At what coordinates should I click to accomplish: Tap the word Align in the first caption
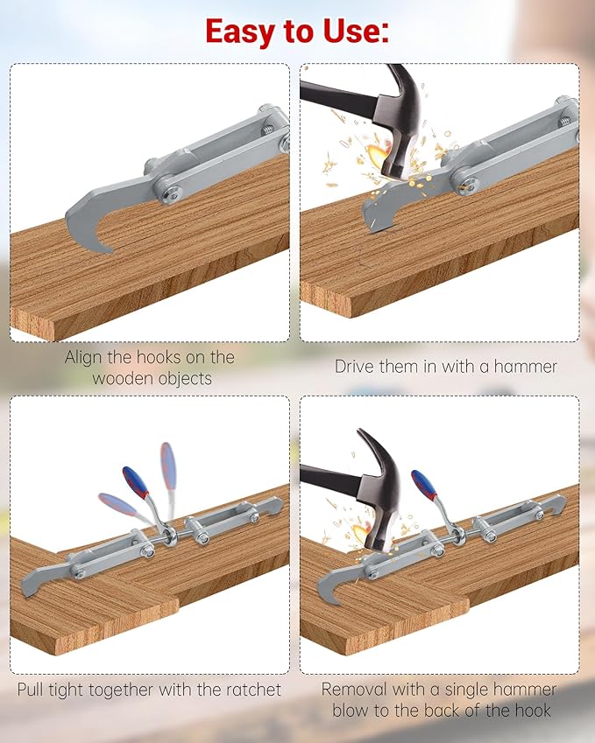pyautogui.click(x=85, y=357)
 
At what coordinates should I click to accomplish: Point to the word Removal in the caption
pyautogui.click(x=353, y=690)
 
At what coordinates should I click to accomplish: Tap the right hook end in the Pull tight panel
pyautogui.click(x=274, y=505)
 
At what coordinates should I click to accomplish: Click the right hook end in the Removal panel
pyautogui.click(x=558, y=504)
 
